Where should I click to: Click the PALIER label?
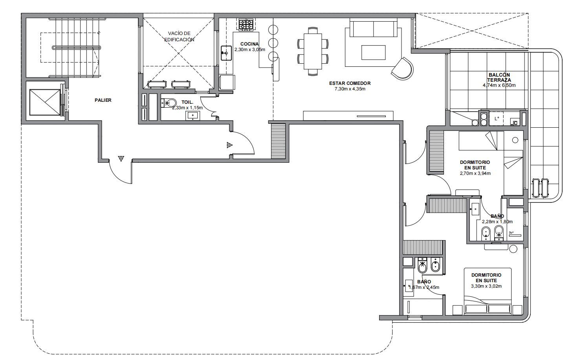tap(103, 100)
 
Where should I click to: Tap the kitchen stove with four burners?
tap(246, 25)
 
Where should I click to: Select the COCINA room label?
tap(249, 44)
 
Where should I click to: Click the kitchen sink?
tap(226, 53)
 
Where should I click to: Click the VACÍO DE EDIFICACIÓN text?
tap(179, 36)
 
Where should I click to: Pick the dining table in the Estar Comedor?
tap(313, 51)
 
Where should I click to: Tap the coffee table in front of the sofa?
tap(373, 52)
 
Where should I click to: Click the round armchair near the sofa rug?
tap(402, 68)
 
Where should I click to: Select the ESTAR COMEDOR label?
tap(350, 83)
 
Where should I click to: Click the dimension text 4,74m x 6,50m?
tap(499, 85)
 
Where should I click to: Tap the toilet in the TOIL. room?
tap(169, 103)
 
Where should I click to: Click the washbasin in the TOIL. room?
tap(192, 116)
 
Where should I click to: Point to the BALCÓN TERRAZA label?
tap(499, 77)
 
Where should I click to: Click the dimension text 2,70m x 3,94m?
tap(475, 173)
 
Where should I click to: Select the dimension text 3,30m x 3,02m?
tap(486, 286)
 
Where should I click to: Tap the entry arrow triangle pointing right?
tap(229, 145)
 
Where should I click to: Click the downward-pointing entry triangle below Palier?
tap(121, 159)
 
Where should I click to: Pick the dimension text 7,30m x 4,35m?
tap(350, 89)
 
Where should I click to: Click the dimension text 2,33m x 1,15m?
tap(187, 108)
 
